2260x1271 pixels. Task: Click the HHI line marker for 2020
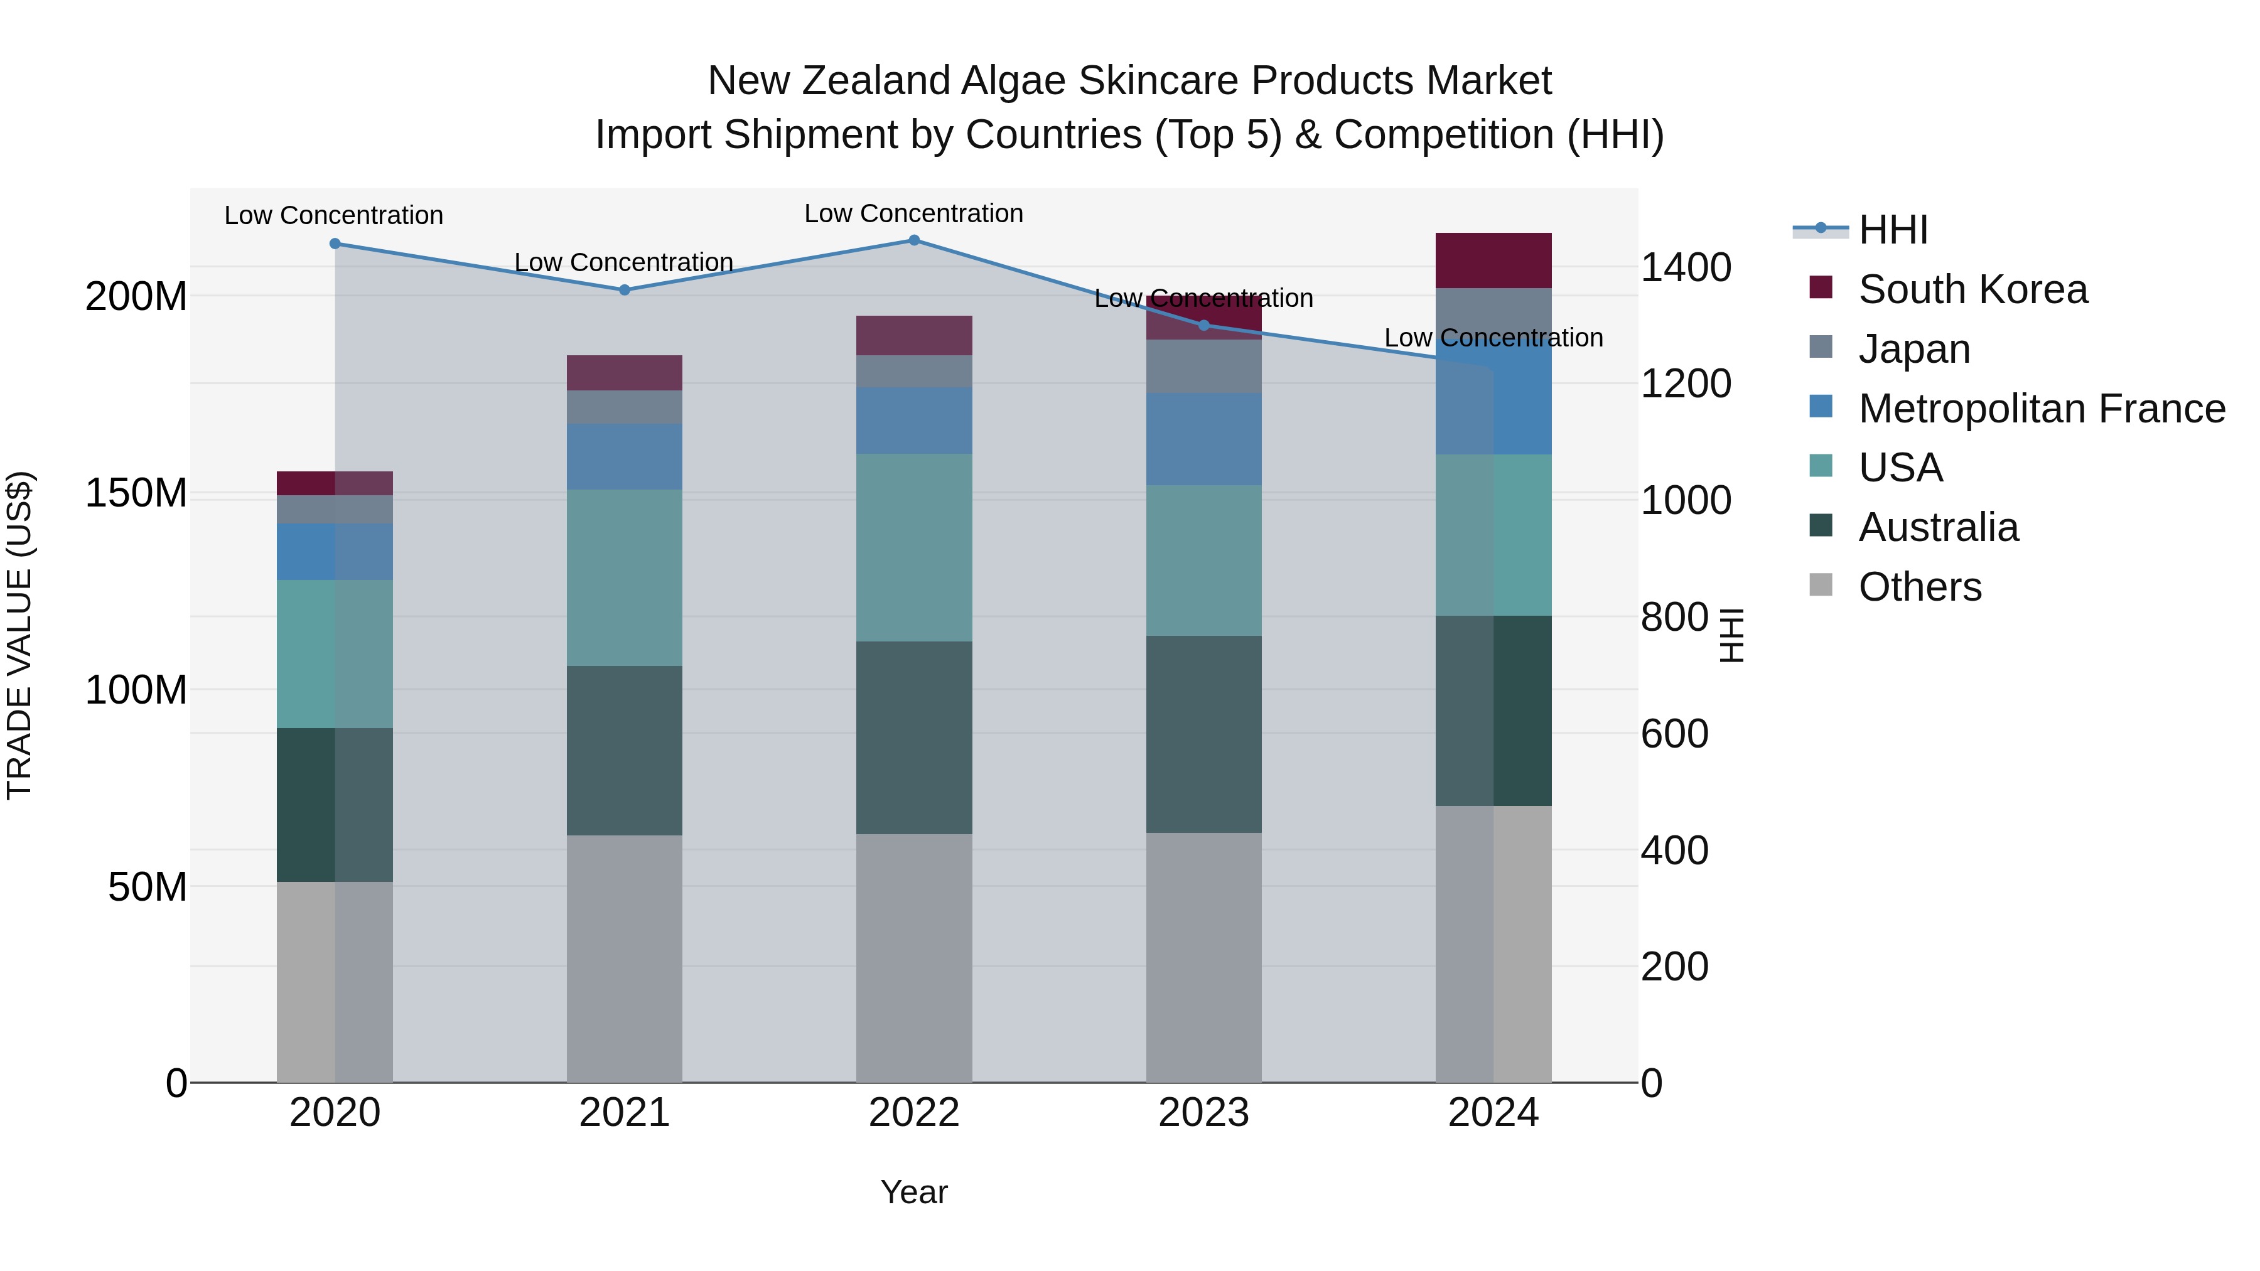[x=335, y=244]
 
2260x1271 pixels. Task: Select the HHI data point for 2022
[x=914, y=240]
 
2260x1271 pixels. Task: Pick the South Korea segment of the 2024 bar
[x=1493, y=260]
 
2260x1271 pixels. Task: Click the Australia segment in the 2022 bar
[x=914, y=737]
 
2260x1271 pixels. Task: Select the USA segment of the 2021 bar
[x=625, y=577]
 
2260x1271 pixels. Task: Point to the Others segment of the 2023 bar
[x=1203, y=957]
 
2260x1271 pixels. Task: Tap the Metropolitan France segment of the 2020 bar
[x=335, y=552]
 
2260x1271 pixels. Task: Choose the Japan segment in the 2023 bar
[x=1203, y=366]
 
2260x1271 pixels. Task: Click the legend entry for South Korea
[x=1972, y=289]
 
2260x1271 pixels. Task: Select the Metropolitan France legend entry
[x=2042, y=409]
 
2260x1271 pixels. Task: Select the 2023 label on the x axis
[x=1203, y=1113]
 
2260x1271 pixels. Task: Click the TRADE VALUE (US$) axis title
[x=19, y=635]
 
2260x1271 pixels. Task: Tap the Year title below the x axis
[x=914, y=1192]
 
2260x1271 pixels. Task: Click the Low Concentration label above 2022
[x=914, y=214]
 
